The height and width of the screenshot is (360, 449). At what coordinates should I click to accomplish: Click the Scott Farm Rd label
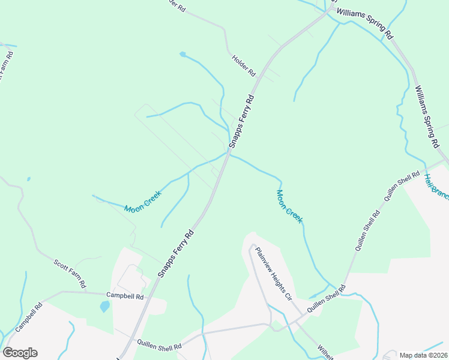pyautogui.click(x=71, y=273)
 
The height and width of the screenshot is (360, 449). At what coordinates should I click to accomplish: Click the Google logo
pyautogui.click(x=20, y=353)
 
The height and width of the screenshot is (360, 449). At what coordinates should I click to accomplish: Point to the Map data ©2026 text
pyautogui.click(x=423, y=355)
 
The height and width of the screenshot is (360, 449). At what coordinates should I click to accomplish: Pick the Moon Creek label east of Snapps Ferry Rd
pyautogui.click(x=289, y=206)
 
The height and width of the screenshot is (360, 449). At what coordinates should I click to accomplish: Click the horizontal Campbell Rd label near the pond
pyautogui.click(x=125, y=296)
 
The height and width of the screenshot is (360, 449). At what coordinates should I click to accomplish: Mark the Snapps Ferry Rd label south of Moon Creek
pyautogui.click(x=176, y=253)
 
